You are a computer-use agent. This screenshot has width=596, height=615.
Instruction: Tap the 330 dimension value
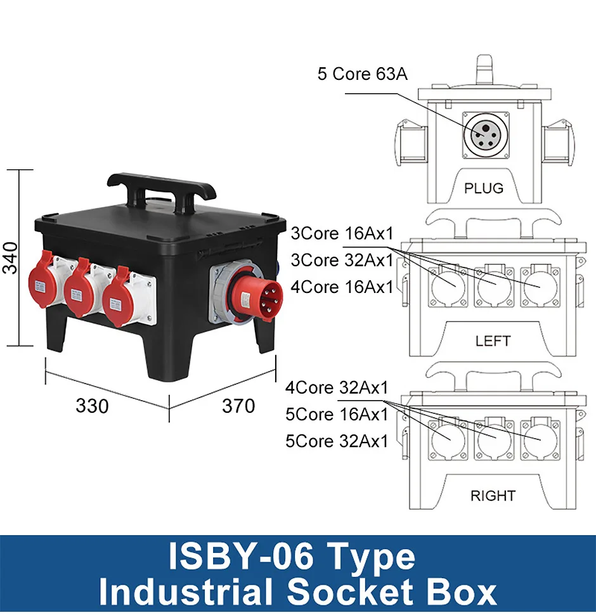(x=92, y=406)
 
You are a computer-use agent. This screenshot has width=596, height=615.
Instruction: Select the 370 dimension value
(x=238, y=406)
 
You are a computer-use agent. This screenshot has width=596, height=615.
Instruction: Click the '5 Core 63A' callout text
(x=363, y=74)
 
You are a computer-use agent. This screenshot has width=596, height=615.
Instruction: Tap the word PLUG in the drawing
(x=484, y=188)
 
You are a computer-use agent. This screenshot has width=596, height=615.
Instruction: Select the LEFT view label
(x=493, y=341)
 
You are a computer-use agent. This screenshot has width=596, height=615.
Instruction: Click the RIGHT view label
(x=493, y=496)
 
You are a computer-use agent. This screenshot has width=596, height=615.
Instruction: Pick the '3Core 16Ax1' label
(x=342, y=233)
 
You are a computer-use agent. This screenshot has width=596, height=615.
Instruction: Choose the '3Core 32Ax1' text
(x=342, y=260)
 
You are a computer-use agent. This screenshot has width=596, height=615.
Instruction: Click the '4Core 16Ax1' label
(x=342, y=287)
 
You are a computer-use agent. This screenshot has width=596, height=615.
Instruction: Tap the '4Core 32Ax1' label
(x=337, y=387)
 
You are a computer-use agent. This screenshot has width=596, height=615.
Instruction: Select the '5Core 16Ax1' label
(x=337, y=415)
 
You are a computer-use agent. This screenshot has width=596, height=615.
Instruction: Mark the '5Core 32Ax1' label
(x=337, y=441)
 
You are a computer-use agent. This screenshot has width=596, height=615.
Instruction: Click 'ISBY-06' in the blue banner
(x=241, y=557)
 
